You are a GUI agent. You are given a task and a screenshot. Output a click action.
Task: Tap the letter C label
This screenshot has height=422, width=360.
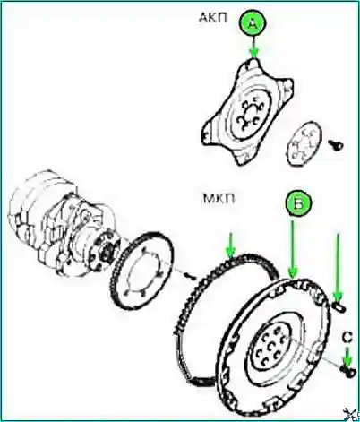[347, 338]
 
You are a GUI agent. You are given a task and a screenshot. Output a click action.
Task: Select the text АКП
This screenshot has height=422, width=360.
[213, 18]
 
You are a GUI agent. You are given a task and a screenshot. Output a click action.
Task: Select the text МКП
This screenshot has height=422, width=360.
[219, 198]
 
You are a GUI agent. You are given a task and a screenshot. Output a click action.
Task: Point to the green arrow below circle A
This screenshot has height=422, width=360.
[253, 47]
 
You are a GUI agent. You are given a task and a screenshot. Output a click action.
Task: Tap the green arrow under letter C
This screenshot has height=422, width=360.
[347, 357]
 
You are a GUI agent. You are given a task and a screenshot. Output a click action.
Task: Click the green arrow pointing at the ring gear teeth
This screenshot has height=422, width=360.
[230, 245]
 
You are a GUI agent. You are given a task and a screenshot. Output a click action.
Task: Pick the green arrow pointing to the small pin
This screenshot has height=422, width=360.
[338, 268]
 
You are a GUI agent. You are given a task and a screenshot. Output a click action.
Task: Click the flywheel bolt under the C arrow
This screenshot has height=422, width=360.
[348, 371]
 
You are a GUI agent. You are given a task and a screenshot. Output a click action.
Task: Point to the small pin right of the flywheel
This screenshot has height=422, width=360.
[339, 307]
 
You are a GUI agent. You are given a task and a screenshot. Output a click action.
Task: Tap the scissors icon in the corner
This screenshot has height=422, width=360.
[350, 414]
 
